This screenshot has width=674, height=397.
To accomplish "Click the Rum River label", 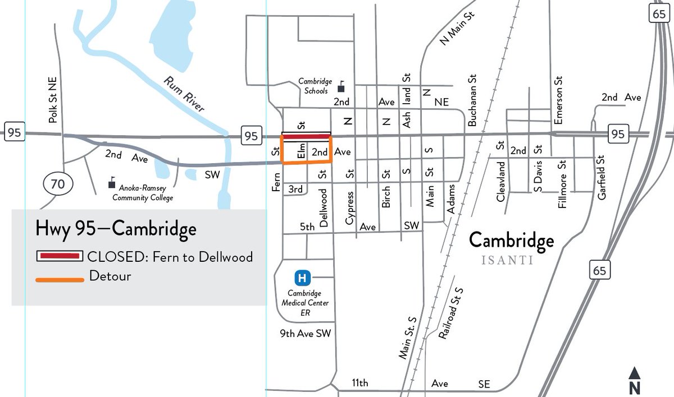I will [x=184, y=94].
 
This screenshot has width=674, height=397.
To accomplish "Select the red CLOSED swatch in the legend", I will [x=60, y=256].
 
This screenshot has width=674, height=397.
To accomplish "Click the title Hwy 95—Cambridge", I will [x=116, y=229].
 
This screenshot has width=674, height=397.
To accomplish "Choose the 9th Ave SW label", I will [x=306, y=334].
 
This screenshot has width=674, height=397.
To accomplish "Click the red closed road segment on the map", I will [x=306, y=136].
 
